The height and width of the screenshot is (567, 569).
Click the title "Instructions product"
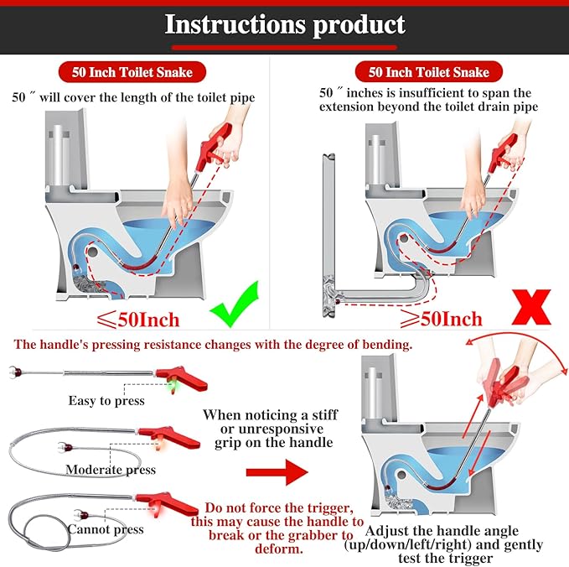tap(284, 24)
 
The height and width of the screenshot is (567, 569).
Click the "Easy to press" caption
tap(106, 400)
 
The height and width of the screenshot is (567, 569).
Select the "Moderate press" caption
tap(111, 469)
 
